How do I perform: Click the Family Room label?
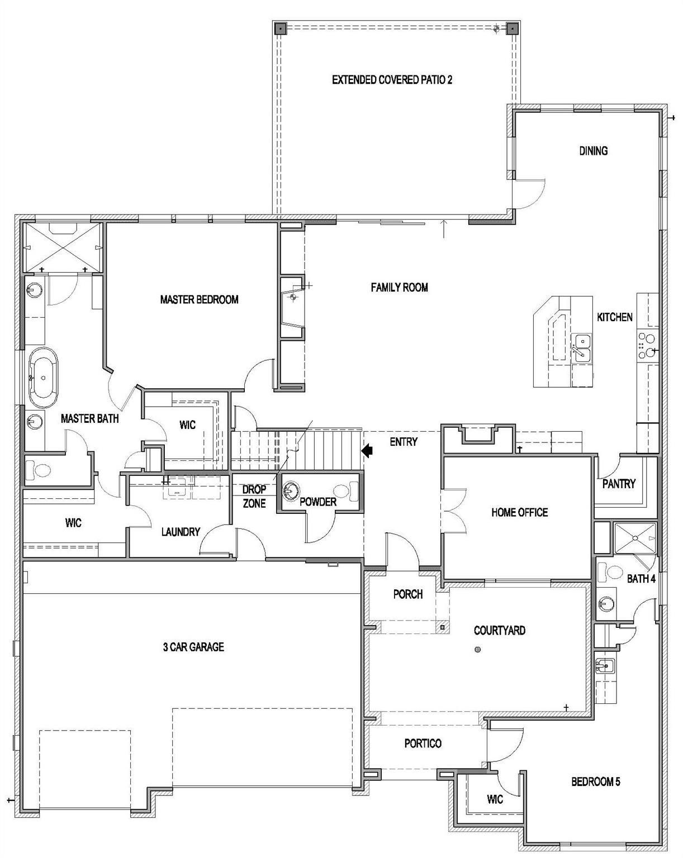[x=399, y=287]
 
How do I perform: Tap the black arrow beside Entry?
[x=367, y=450]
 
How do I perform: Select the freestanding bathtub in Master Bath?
[x=43, y=378]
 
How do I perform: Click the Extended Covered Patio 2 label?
[x=392, y=80]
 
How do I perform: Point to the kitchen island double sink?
[x=582, y=346]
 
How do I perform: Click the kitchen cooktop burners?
[x=647, y=345]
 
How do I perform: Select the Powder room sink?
[x=291, y=491]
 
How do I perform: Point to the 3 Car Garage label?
[x=193, y=647]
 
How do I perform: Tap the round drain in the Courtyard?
[x=477, y=650]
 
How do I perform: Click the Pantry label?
[x=619, y=484]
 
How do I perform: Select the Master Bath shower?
[x=61, y=246]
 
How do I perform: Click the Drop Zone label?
[x=254, y=497]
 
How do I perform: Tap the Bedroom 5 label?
[x=595, y=781]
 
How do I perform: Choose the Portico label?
[x=423, y=743]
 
